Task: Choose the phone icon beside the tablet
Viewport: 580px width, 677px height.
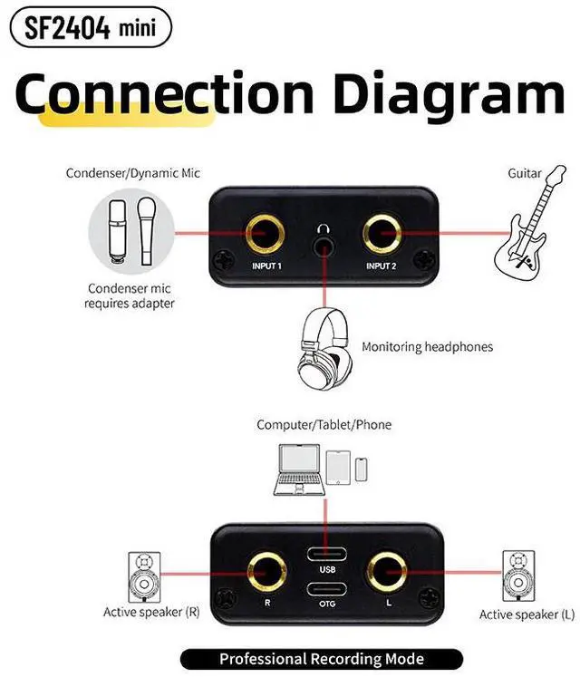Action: (x=362, y=469)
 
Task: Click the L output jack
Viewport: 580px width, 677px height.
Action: (x=386, y=570)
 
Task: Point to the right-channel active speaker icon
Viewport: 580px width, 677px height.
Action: (x=144, y=575)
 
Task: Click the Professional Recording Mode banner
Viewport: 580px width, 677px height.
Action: (x=322, y=659)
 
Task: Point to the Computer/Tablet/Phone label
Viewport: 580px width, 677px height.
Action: (x=324, y=424)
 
